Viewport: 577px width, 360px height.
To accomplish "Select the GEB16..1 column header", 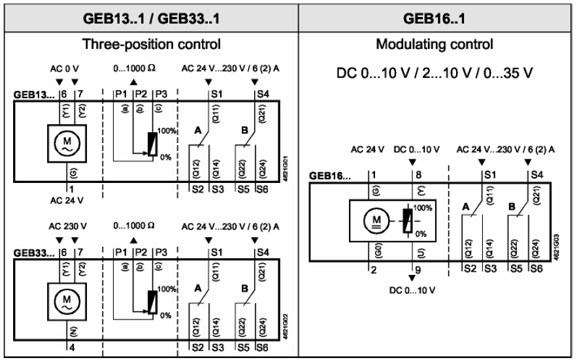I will (x=435, y=16).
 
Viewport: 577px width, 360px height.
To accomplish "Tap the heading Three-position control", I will (x=150, y=46).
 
